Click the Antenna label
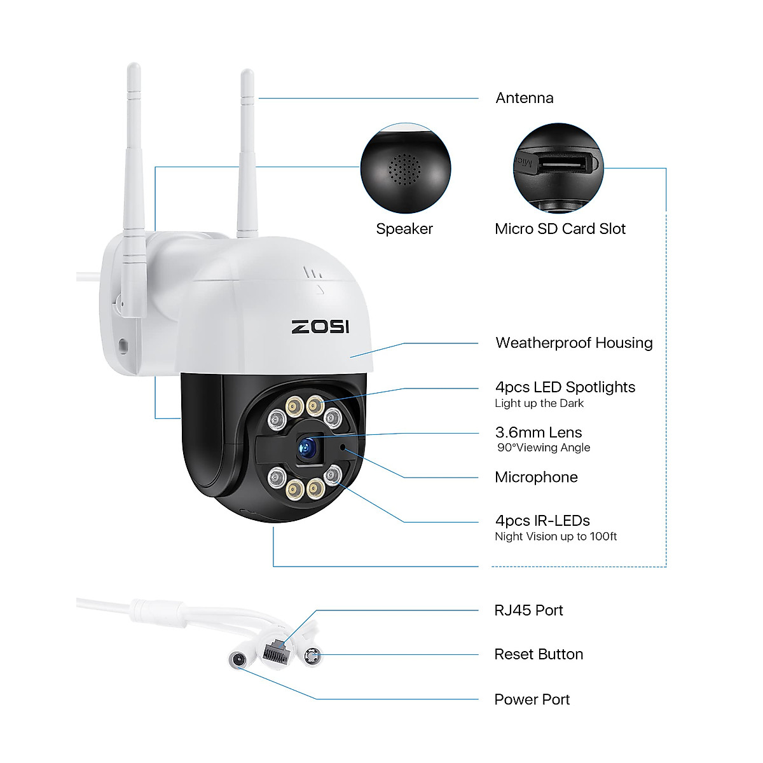click(524, 98)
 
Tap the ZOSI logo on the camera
click(320, 327)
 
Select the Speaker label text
click(404, 229)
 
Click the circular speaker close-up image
click(406, 168)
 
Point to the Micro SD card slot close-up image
click(558, 168)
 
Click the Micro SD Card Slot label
click(560, 229)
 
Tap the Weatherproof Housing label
click(574, 343)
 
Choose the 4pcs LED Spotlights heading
click(565, 387)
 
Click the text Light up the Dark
click(539, 403)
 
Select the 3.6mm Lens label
click(538, 432)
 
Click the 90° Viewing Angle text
click(544, 448)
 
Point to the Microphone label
click(536, 478)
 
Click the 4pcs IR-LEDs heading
click(542, 521)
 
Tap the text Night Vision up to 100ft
click(555, 537)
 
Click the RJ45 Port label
click(528, 610)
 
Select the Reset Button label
click(539, 654)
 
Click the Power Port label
click(532, 699)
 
